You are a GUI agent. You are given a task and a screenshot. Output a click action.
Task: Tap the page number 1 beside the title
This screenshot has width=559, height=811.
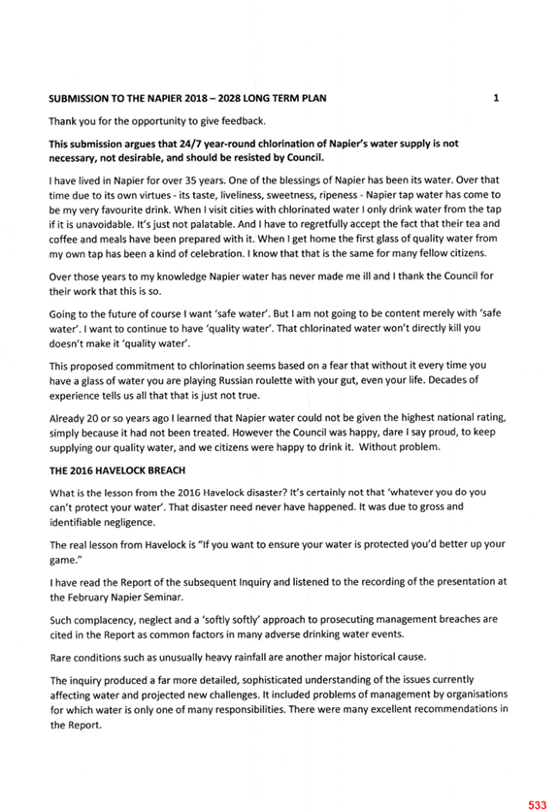(496, 98)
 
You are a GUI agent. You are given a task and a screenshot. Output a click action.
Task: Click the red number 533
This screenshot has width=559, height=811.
(538, 805)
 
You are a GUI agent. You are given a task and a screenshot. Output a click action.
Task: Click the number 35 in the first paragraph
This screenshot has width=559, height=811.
(190, 180)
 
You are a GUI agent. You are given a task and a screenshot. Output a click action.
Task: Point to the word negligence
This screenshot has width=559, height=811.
(128, 522)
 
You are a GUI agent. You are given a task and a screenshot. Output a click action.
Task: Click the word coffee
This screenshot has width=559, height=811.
(62, 239)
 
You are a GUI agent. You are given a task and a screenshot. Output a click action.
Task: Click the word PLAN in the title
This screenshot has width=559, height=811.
(314, 98)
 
